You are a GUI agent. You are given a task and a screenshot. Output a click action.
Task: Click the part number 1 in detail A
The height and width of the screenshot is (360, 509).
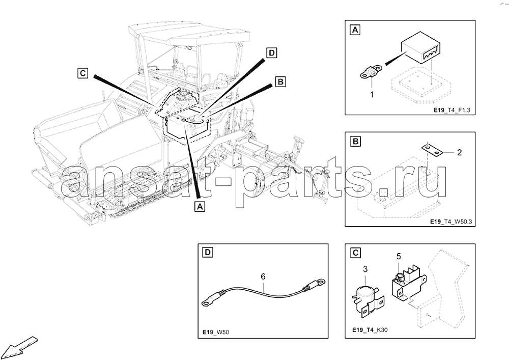372,95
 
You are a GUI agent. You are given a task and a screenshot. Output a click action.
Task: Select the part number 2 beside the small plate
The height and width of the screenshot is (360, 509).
459,152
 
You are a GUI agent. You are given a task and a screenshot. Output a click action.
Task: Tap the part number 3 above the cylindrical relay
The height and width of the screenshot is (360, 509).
365,269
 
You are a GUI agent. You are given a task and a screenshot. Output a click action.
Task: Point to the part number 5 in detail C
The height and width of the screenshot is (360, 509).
399,257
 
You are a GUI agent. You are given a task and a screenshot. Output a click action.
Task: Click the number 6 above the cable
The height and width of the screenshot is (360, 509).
263,276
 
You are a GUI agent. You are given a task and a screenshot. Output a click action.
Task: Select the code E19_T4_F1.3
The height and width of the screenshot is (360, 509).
452,110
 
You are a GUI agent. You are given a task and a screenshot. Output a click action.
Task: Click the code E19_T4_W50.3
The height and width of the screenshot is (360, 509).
451,222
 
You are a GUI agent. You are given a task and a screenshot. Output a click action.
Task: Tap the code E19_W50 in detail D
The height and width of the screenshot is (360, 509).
216,332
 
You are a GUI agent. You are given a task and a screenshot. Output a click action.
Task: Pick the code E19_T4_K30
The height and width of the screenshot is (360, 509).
370,330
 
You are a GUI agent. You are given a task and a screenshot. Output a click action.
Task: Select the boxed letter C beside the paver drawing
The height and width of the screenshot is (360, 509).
83,73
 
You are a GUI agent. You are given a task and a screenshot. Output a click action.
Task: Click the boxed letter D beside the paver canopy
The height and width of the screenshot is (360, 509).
271,53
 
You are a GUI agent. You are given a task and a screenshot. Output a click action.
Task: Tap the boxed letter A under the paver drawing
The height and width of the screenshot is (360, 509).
200,206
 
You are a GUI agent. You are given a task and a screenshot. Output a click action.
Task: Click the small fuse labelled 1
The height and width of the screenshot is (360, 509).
372,72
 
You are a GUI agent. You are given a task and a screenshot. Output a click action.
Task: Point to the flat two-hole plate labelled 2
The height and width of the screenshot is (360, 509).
432,150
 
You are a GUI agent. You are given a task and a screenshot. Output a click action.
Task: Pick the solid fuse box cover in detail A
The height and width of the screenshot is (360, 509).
421,48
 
